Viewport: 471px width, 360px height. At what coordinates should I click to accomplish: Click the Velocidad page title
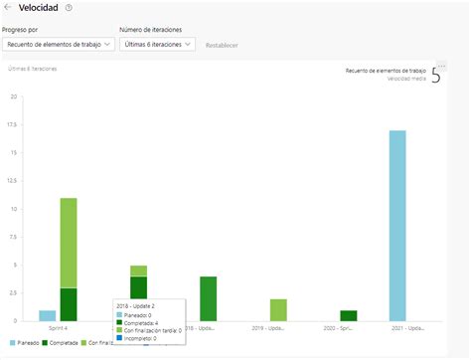pos(39,8)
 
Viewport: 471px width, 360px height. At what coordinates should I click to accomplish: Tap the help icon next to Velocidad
pos(69,8)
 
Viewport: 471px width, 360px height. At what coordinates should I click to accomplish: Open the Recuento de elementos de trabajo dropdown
pos(57,44)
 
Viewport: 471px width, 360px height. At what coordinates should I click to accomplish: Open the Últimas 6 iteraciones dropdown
pos(157,44)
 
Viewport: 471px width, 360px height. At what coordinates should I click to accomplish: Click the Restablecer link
pos(221,45)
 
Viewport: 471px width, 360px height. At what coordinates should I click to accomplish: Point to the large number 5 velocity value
pos(435,76)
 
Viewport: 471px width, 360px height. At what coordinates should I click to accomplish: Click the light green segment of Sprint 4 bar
pos(69,243)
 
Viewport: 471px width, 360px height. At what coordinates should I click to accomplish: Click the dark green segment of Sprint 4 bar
pos(69,304)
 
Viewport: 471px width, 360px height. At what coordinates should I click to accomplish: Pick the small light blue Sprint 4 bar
pos(47,315)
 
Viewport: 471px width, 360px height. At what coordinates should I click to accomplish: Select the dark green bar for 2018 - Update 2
pos(208,298)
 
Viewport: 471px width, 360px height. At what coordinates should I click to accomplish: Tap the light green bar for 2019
pos(277,309)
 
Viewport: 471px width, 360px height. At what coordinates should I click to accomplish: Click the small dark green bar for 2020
pos(348,315)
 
